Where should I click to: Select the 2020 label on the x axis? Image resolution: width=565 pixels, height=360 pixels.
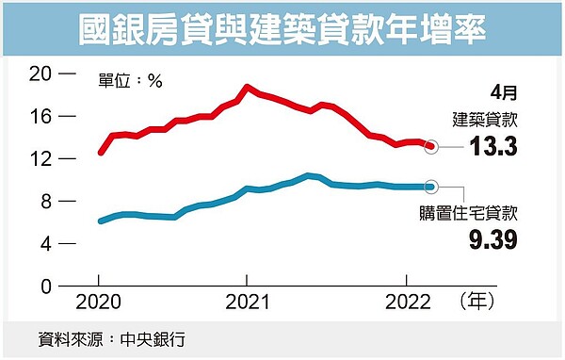tap(99, 303)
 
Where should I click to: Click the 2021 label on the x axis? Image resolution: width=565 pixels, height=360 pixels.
tap(246, 303)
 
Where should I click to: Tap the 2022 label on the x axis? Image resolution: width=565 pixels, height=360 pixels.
tap(406, 303)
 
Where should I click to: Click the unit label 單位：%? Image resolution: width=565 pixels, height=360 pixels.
tap(132, 81)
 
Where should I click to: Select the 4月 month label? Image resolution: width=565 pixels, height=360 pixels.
tap(504, 92)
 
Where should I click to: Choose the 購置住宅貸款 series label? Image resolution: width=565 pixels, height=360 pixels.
tap(476, 212)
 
